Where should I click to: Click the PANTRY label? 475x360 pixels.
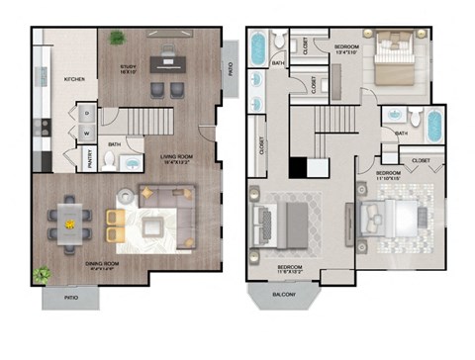(88, 158)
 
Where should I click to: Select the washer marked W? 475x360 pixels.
(86, 131)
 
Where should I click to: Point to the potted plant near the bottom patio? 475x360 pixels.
(42, 274)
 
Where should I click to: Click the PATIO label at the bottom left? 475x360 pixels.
(69, 295)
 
